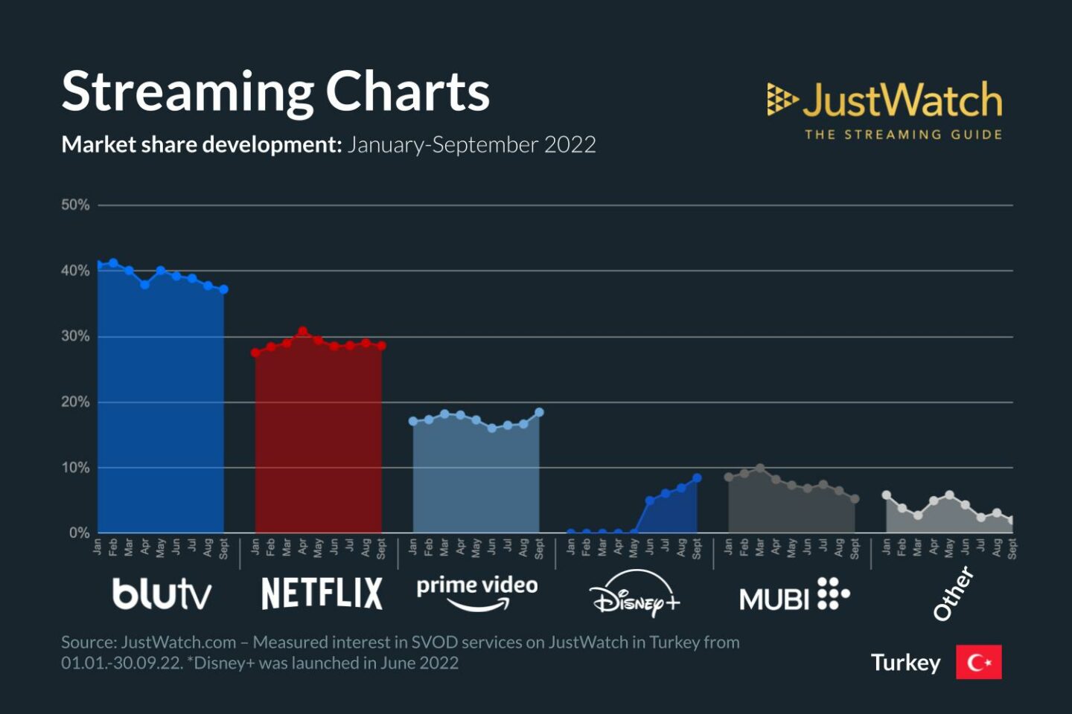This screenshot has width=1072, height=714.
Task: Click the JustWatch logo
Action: [x=884, y=109]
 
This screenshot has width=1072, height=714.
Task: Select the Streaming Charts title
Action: [x=275, y=91]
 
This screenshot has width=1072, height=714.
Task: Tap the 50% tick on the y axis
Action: [x=75, y=205]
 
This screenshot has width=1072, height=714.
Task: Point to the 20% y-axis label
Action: [x=75, y=402]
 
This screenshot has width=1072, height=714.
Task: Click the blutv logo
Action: [x=162, y=594]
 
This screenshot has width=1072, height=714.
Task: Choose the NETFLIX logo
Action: [x=322, y=594]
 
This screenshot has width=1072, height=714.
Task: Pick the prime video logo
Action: [x=477, y=591]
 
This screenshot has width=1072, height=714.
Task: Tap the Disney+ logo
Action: [x=634, y=595]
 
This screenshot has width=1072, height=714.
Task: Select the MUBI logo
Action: [x=794, y=595]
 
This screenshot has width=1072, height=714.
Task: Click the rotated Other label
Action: [x=954, y=593]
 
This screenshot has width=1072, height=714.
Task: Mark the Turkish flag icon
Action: [x=979, y=662]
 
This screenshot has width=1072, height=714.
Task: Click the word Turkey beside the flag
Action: [x=905, y=662]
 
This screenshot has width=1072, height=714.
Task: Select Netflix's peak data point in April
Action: [x=303, y=331]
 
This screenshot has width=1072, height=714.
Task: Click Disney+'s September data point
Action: [x=697, y=478]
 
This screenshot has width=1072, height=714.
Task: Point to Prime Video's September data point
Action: [x=539, y=412]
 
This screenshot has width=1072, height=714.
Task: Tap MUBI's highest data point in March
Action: [x=760, y=469]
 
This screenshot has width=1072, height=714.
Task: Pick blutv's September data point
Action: [x=223, y=289]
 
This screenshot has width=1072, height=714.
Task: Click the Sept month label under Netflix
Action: [x=381, y=548]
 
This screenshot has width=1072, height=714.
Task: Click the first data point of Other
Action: [x=886, y=495]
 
